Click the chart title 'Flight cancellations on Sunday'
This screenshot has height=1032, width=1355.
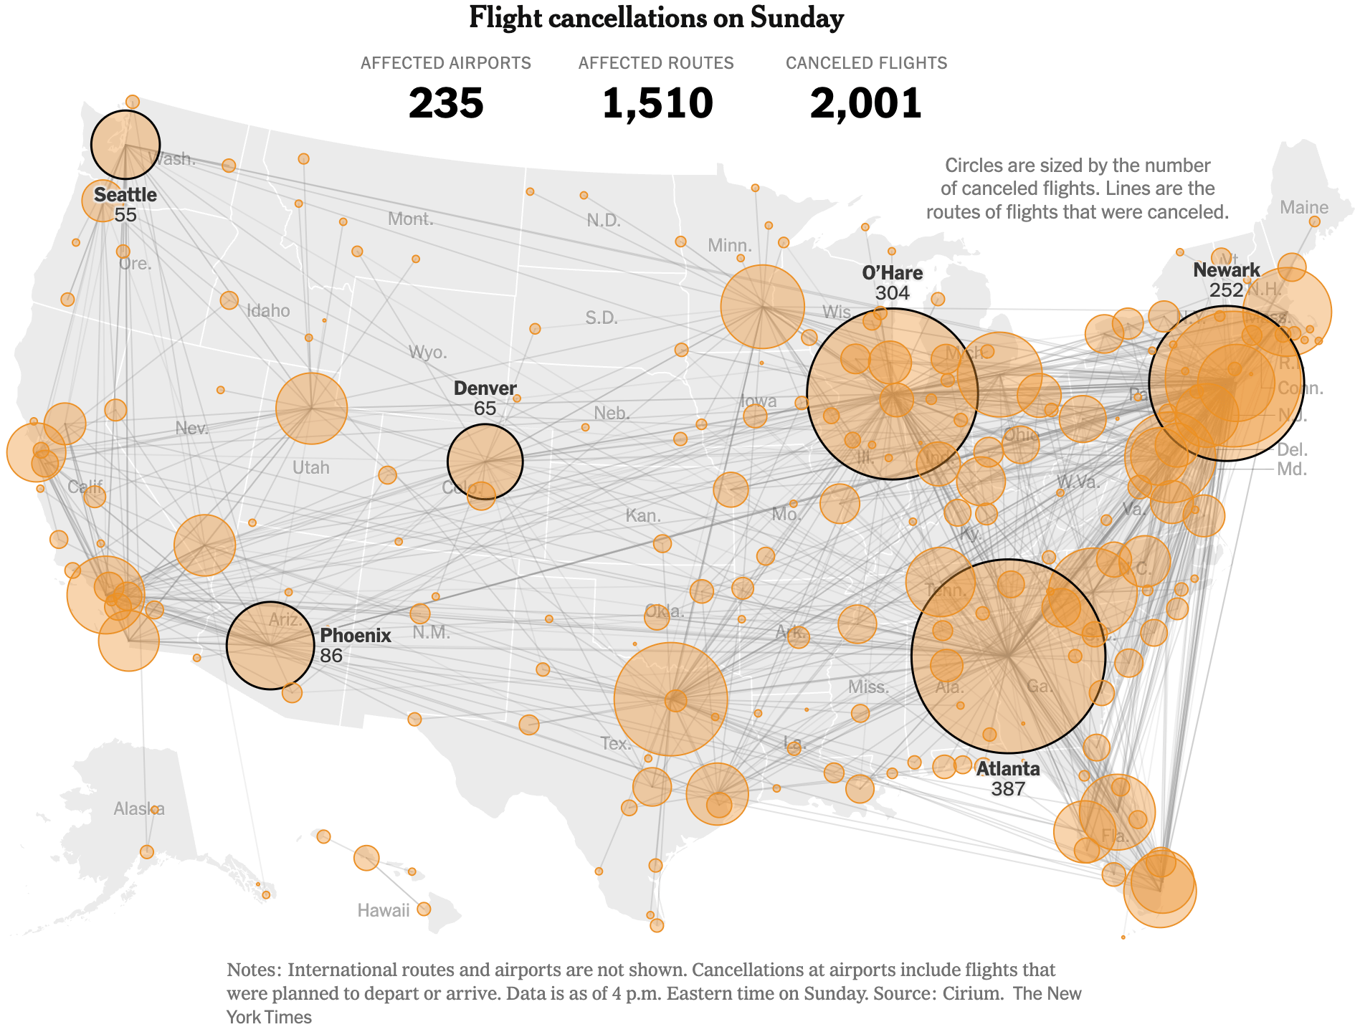tap(656, 18)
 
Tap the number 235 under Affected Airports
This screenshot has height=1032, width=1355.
tap(446, 103)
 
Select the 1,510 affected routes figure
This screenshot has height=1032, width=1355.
tap(657, 103)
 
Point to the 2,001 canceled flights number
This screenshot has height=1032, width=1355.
tap(865, 103)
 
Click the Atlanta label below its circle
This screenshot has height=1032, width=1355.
tap(1008, 769)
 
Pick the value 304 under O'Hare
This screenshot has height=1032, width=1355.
tap(892, 292)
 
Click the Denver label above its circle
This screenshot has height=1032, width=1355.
tap(485, 388)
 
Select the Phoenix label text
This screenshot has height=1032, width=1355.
tap(355, 635)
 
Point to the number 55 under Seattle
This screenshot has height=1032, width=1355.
tap(125, 214)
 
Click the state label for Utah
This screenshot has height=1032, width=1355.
tap(310, 468)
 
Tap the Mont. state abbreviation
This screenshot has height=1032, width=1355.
tap(410, 219)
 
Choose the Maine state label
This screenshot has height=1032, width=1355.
tap(1303, 208)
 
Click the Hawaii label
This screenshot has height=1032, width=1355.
tap(384, 910)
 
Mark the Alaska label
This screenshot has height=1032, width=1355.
tap(138, 809)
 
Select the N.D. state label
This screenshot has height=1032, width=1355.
tap(604, 221)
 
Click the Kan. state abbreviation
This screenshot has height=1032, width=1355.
tap(643, 516)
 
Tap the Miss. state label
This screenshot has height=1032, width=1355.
tap(867, 687)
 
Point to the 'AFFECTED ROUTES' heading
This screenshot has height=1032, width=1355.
tap(656, 63)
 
